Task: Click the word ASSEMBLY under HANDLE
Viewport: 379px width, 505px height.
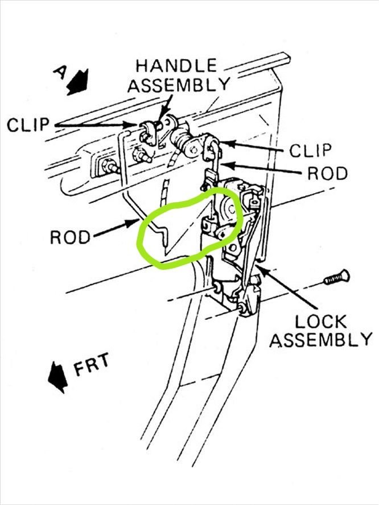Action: point(178,85)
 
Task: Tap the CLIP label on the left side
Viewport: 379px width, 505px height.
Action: point(27,125)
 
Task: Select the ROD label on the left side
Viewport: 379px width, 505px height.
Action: point(71,236)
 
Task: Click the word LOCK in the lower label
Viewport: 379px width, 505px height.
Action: point(320,321)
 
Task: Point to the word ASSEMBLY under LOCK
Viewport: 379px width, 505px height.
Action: point(320,340)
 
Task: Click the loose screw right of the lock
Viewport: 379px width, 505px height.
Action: point(336,279)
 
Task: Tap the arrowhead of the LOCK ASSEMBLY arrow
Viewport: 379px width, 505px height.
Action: point(259,265)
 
